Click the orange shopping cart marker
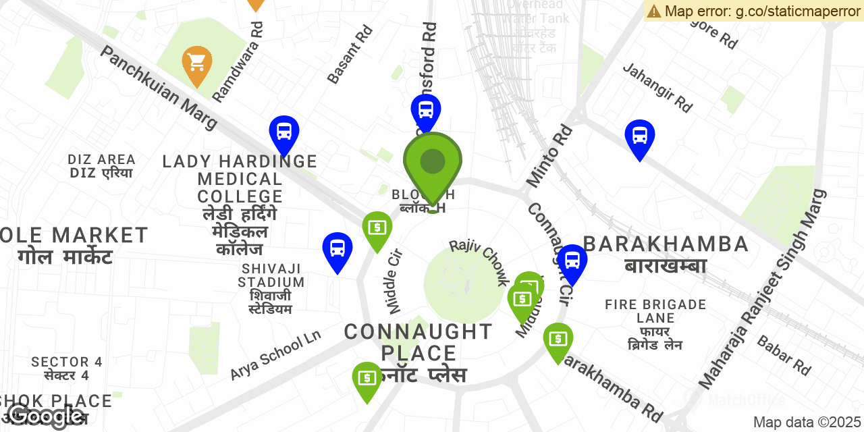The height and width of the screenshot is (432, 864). coord(197,63)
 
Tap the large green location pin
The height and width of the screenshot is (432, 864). coord(433,163)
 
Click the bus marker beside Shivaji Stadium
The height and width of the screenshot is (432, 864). coord(337,249)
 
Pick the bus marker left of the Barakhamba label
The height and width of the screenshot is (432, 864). coord(572,261)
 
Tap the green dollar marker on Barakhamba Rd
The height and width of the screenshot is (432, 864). coord(558,340)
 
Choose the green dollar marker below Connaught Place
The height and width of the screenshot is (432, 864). coord(367,379)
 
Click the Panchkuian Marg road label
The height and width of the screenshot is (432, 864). coord(159,87)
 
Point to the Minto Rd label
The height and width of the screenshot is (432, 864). coord(549,156)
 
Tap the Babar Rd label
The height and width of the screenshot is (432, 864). coord(784,355)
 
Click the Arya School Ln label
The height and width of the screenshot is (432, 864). coord(275,355)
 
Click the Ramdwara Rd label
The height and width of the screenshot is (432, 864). coord(238,61)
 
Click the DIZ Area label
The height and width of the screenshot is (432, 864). coord(102,166)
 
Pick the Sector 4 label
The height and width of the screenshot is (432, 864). coord(67,368)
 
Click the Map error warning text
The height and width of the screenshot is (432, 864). coord(753,11)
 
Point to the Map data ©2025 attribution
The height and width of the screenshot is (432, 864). coord(807,423)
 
